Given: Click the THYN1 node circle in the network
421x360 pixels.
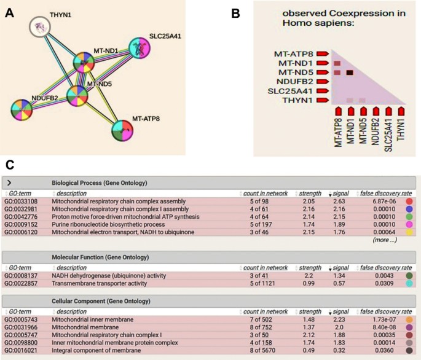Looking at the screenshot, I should tap(41, 28).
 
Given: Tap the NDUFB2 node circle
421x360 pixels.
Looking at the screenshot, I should tap(26, 109).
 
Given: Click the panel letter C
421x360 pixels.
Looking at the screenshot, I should tap(8, 165).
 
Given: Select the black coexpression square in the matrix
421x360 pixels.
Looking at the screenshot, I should tap(349, 73).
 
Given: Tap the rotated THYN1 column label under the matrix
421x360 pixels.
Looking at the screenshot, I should tap(401, 130).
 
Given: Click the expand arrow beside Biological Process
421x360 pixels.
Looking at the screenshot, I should tap(8, 182).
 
